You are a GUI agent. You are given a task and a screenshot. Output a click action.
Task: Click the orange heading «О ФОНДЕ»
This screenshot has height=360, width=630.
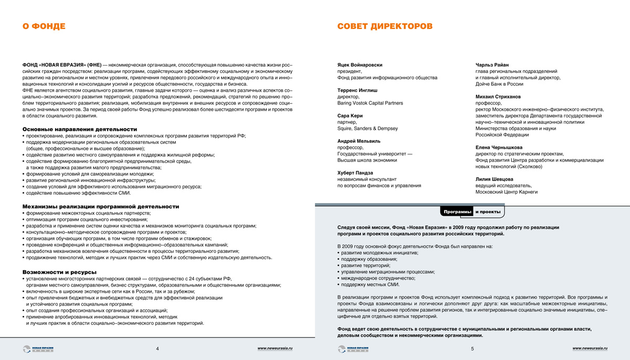[44, 26]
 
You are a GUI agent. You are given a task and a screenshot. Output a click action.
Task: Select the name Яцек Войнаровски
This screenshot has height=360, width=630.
[360, 65]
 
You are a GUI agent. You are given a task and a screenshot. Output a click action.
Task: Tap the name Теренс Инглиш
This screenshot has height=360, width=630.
[356, 90]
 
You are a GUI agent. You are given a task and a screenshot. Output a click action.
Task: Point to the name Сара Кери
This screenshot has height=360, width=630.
[350, 116]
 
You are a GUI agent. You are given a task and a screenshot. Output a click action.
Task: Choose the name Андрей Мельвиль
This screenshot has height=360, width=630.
[359, 142]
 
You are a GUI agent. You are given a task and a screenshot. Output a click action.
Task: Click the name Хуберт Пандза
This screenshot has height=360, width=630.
[355, 173]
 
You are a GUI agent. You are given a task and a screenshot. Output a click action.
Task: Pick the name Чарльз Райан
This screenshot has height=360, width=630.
[492, 65]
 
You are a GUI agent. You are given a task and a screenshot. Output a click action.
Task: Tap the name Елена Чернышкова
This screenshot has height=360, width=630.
[499, 147]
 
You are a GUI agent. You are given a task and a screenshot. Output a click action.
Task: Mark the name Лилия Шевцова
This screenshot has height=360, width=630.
[495, 179]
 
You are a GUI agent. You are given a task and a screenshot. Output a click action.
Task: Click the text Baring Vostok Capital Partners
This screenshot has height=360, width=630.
[370, 103]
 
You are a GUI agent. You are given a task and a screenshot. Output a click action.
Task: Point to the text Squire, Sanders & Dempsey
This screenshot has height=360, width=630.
[367, 129]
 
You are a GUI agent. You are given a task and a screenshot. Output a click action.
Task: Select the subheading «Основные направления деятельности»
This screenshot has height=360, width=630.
[79, 129]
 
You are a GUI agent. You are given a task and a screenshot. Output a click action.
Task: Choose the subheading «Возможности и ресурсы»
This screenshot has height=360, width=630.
[59, 272]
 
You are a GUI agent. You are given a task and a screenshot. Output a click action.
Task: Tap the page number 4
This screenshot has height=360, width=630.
[157, 348]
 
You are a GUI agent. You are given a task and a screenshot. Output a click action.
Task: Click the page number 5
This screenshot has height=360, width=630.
[472, 348]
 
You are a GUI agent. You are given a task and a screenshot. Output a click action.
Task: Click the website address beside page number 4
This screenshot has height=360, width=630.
[275, 348]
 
